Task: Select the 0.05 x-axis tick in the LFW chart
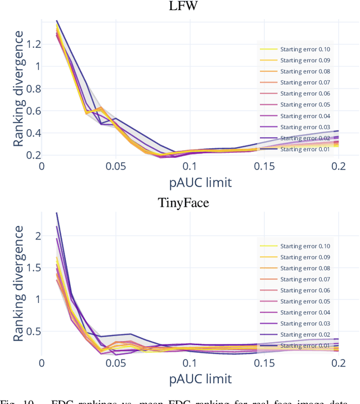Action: pos(115,166)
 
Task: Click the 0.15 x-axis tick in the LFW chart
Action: pos(263,166)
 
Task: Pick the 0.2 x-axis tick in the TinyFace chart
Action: pos(337,364)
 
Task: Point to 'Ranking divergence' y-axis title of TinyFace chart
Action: pos(19,284)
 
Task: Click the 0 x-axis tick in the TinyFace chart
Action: pos(42,364)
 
